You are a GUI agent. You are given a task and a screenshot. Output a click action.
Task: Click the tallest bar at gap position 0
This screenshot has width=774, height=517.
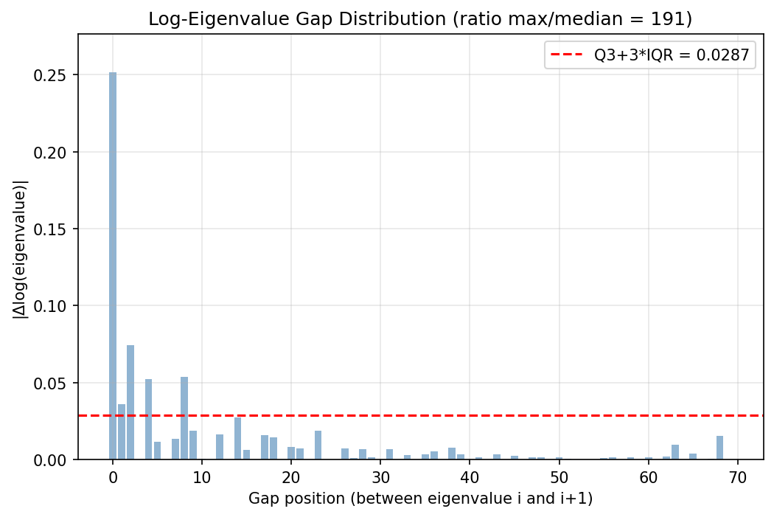(113, 266)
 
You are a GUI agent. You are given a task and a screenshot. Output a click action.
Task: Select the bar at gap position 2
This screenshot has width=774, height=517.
(130, 402)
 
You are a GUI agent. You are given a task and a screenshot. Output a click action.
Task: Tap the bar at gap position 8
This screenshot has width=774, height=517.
(184, 418)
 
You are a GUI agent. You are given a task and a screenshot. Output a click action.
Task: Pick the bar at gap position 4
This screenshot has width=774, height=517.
(148, 419)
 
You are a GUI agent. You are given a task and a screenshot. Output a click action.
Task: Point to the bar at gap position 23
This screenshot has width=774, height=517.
(318, 445)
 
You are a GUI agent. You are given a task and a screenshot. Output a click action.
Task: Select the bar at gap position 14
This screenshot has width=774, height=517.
(237, 439)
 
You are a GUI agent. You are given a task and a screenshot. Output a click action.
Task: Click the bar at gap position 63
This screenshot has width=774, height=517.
(675, 452)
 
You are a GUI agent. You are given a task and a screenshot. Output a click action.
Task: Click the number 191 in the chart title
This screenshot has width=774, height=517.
(671, 19)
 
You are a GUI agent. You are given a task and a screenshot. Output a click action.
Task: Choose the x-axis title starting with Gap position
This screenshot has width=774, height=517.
(420, 499)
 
